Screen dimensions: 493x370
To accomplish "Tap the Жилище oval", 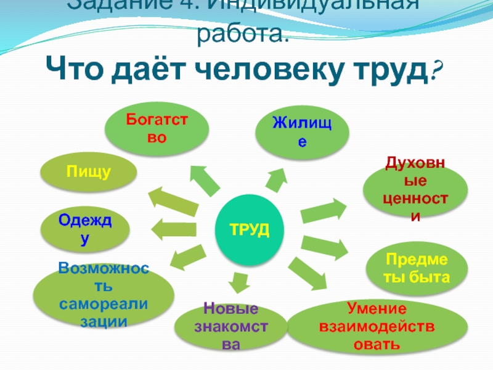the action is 302,133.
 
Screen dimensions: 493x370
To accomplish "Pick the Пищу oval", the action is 89,173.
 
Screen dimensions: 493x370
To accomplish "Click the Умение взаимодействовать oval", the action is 377,326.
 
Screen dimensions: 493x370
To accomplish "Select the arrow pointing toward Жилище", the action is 275,178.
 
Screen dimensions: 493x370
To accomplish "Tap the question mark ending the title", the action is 437,73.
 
